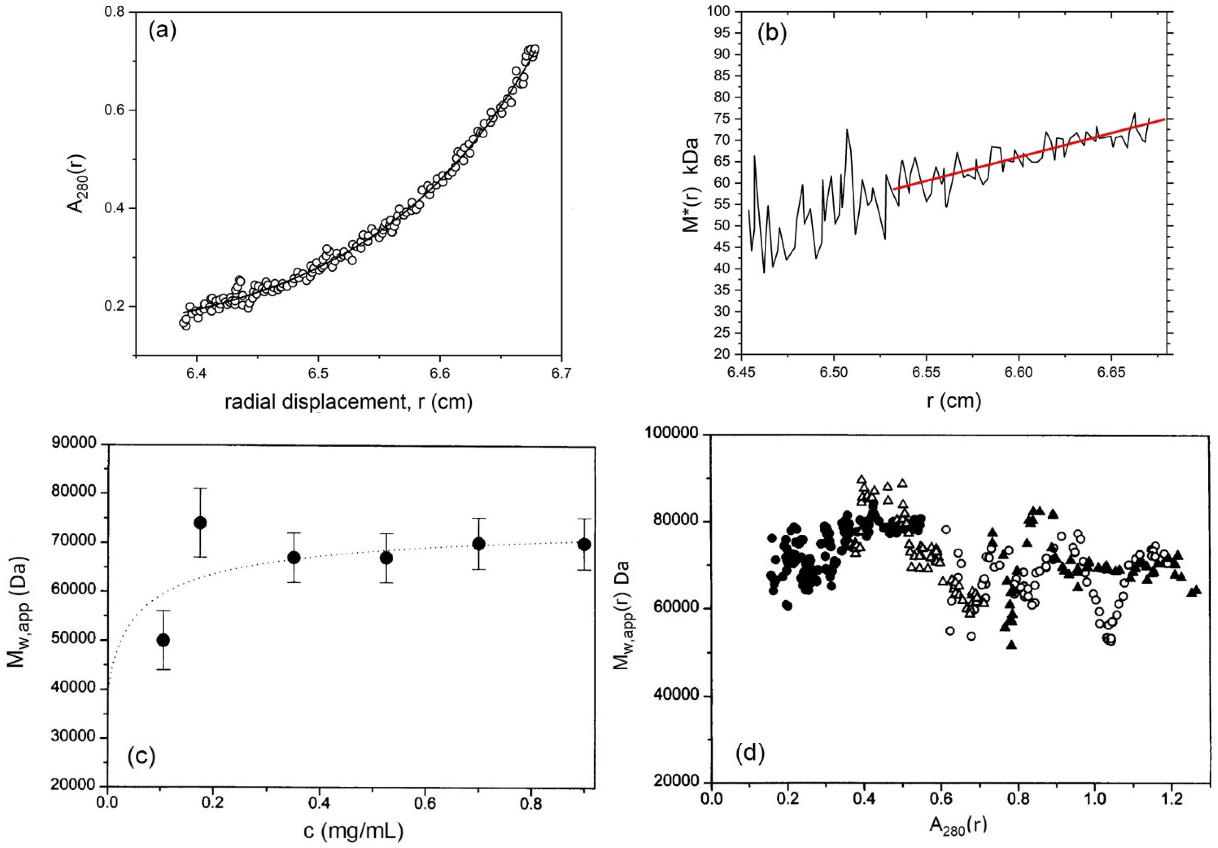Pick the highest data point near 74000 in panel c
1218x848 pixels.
point(200,522)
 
